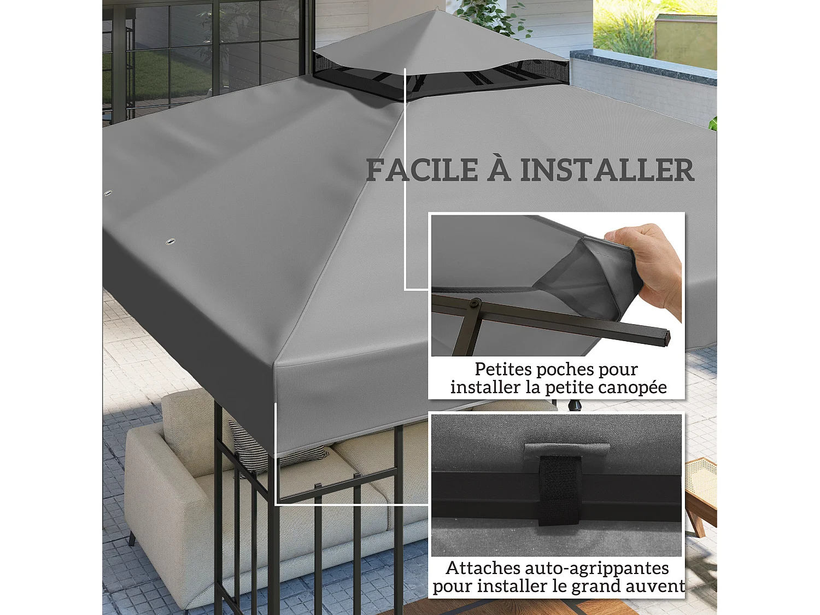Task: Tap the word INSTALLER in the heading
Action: pos(607,170)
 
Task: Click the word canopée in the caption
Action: pos(634,388)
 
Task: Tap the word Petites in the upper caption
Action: pos(502,370)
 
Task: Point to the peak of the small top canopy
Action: pos(438,10)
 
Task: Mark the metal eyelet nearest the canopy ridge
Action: pos(170,241)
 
